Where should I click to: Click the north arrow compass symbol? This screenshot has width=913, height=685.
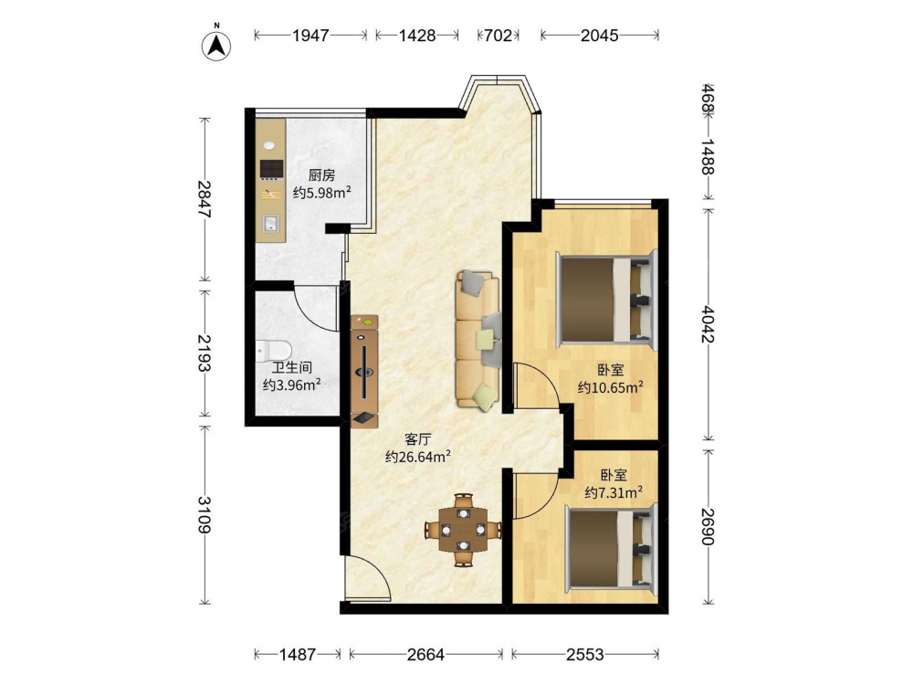(x=216, y=44)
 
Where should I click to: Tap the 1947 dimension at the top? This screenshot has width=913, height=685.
(x=310, y=36)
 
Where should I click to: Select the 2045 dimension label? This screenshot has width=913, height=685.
(x=599, y=36)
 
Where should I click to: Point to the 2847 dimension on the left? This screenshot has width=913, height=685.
(x=204, y=200)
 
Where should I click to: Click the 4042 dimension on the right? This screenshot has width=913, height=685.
(x=708, y=324)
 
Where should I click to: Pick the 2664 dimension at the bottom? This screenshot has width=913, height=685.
(x=425, y=655)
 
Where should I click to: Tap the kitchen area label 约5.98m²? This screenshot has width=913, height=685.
(x=322, y=192)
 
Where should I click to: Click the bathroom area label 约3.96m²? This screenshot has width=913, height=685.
(x=292, y=385)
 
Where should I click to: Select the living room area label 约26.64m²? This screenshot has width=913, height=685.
(x=418, y=457)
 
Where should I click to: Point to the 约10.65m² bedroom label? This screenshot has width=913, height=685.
(x=610, y=387)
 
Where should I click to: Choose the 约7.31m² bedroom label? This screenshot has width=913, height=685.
(x=614, y=493)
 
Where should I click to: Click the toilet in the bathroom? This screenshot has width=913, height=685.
(x=274, y=350)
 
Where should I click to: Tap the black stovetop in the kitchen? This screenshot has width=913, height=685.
(x=271, y=169)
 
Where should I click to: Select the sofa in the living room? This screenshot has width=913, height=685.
(x=478, y=339)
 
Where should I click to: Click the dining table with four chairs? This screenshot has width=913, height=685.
(x=464, y=530)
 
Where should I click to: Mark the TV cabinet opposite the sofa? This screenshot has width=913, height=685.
(x=364, y=373)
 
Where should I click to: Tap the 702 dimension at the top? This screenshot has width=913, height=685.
(x=498, y=36)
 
